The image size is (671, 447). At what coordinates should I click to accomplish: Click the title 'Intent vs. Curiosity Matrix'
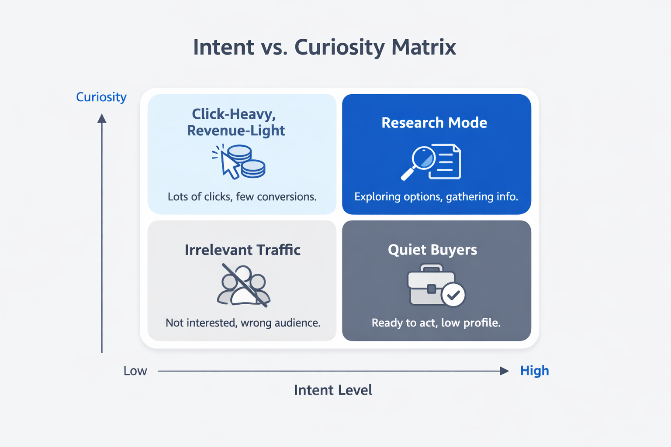(325, 47)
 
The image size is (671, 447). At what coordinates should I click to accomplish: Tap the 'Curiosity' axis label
(101, 97)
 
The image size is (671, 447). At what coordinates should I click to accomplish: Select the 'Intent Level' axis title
(333, 390)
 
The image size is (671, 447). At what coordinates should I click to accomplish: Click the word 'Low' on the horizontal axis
(135, 371)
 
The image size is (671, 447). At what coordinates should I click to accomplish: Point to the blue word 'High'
(534, 371)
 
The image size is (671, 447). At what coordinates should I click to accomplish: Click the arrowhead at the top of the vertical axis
(102, 118)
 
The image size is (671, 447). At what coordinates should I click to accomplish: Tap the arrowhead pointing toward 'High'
(504, 371)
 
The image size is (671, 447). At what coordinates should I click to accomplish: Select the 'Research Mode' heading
(434, 123)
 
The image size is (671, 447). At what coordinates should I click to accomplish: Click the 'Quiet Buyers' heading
(432, 250)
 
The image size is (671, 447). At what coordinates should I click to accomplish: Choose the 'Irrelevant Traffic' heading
(242, 250)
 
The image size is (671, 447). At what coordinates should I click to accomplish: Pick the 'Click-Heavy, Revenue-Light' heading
(236, 122)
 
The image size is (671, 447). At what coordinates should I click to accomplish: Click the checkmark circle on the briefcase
(453, 295)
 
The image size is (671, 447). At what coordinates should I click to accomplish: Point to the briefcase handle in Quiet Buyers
(431, 268)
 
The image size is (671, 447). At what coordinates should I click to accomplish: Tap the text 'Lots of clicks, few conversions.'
(242, 197)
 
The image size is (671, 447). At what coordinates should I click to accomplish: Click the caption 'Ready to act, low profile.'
(436, 323)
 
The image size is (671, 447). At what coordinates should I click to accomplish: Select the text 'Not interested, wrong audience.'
(243, 323)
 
